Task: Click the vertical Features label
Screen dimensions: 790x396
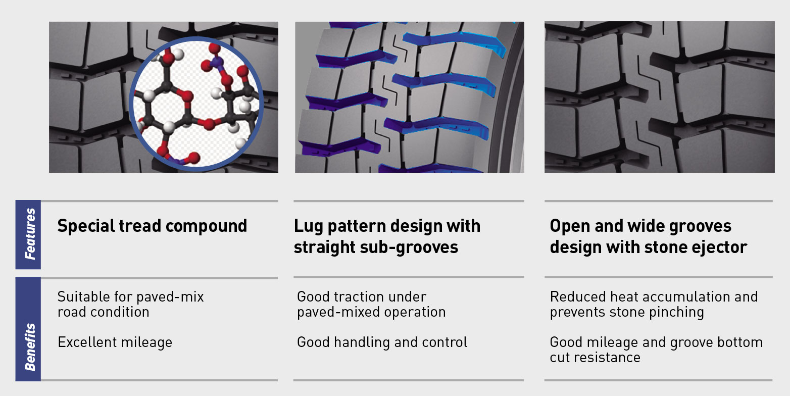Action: tap(30, 234)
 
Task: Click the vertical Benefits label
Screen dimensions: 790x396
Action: tap(30, 347)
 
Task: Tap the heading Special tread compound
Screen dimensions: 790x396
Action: tap(152, 226)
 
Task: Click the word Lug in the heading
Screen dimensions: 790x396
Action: tap(308, 227)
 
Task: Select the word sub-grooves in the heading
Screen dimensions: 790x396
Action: tap(409, 247)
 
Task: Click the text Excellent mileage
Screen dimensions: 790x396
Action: tap(115, 342)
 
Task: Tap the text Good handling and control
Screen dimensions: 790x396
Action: tap(382, 342)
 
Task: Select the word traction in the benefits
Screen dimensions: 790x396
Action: tap(358, 297)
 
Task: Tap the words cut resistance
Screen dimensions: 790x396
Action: tap(595, 358)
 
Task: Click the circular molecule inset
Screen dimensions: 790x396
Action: tap(196, 104)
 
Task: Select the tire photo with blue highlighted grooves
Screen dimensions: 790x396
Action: tap(410, 97)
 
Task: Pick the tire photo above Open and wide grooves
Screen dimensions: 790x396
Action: tap(660, 97)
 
